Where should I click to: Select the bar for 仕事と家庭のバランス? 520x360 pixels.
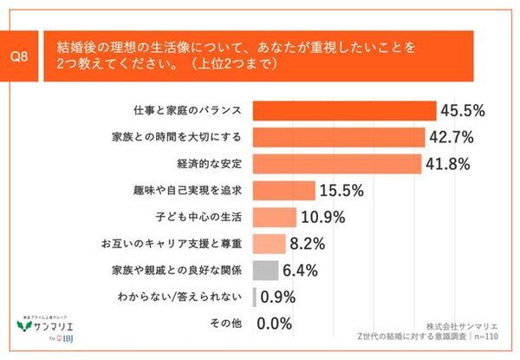point(343,110)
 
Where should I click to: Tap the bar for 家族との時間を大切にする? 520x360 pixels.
point(338,137)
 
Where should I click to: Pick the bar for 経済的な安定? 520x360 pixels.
point(336,163)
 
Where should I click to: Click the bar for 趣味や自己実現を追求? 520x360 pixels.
point(283,190)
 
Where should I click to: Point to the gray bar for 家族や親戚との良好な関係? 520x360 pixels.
point(265,270)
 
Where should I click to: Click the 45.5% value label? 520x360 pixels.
point(462,110)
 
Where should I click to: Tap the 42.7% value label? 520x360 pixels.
point(451,137)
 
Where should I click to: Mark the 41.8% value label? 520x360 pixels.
point(448,163)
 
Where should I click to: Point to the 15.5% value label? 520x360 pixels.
point(341,190)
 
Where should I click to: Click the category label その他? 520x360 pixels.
point(229,324)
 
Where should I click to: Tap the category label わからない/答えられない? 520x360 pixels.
point(185,297)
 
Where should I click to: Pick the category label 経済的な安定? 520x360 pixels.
point(215,163)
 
